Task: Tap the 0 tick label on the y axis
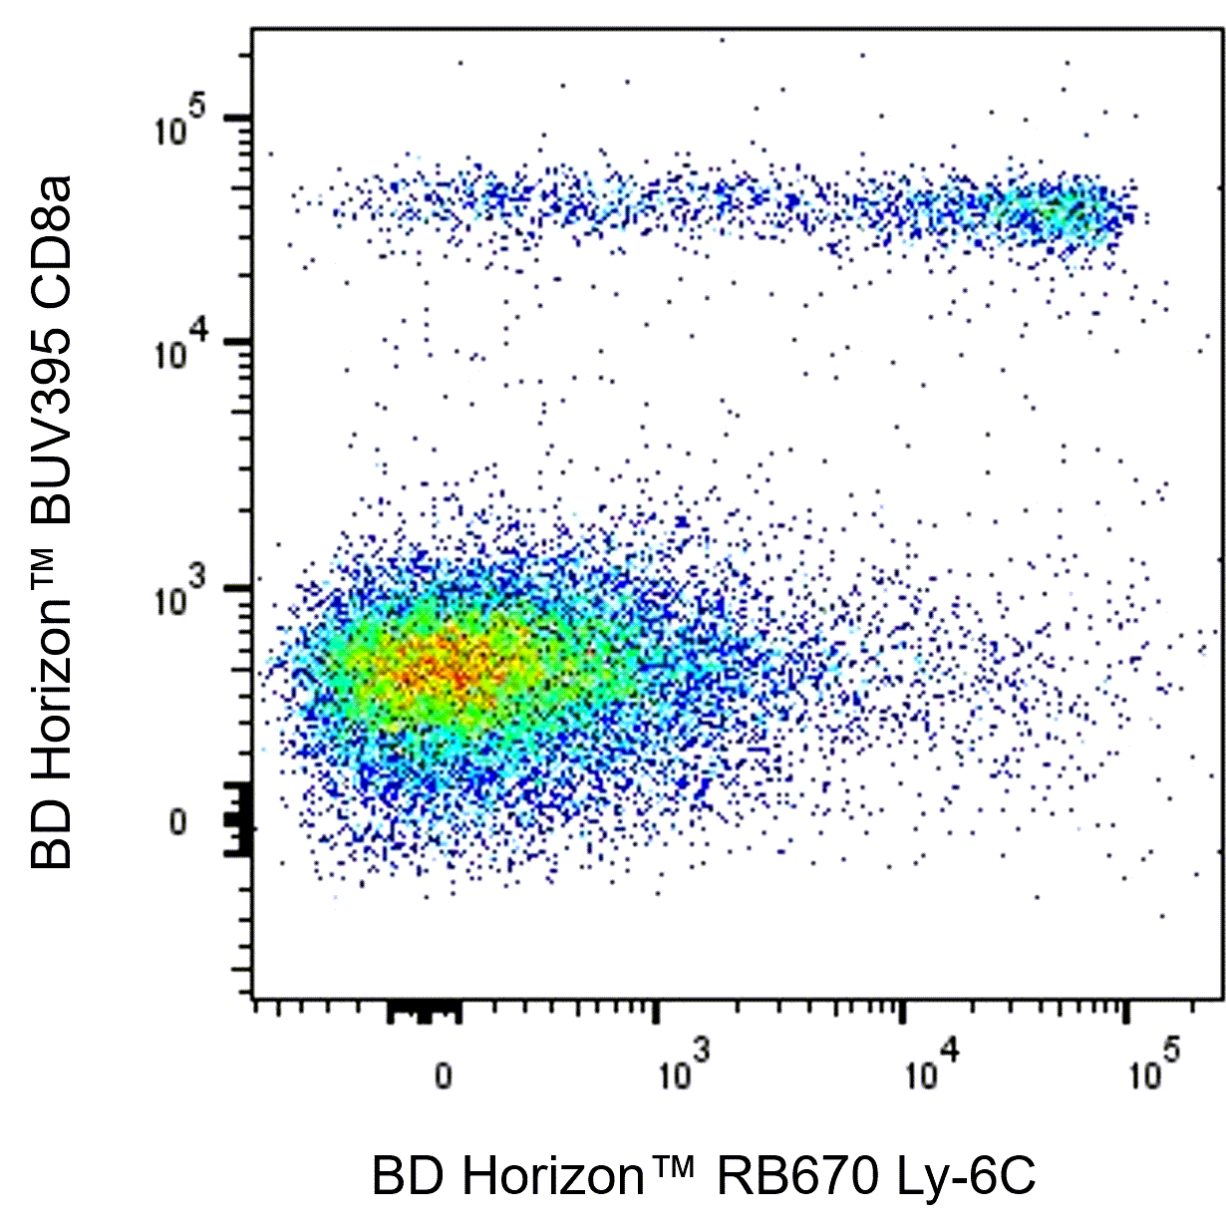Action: tap(177, 823)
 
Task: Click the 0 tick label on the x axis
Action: tap(443, 1076)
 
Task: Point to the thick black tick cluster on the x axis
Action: tap(424, 1013)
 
